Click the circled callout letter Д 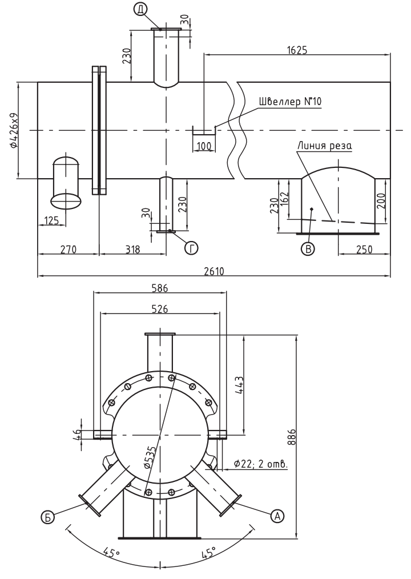140,10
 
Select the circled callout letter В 308,248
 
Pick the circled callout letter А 277,516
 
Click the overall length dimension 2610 214,271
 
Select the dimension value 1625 297,50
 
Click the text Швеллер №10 290,102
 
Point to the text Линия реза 325,145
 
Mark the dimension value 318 132,250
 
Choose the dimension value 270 68,250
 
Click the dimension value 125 51,220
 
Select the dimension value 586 160,288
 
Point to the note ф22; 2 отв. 261,464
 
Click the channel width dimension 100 204,146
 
